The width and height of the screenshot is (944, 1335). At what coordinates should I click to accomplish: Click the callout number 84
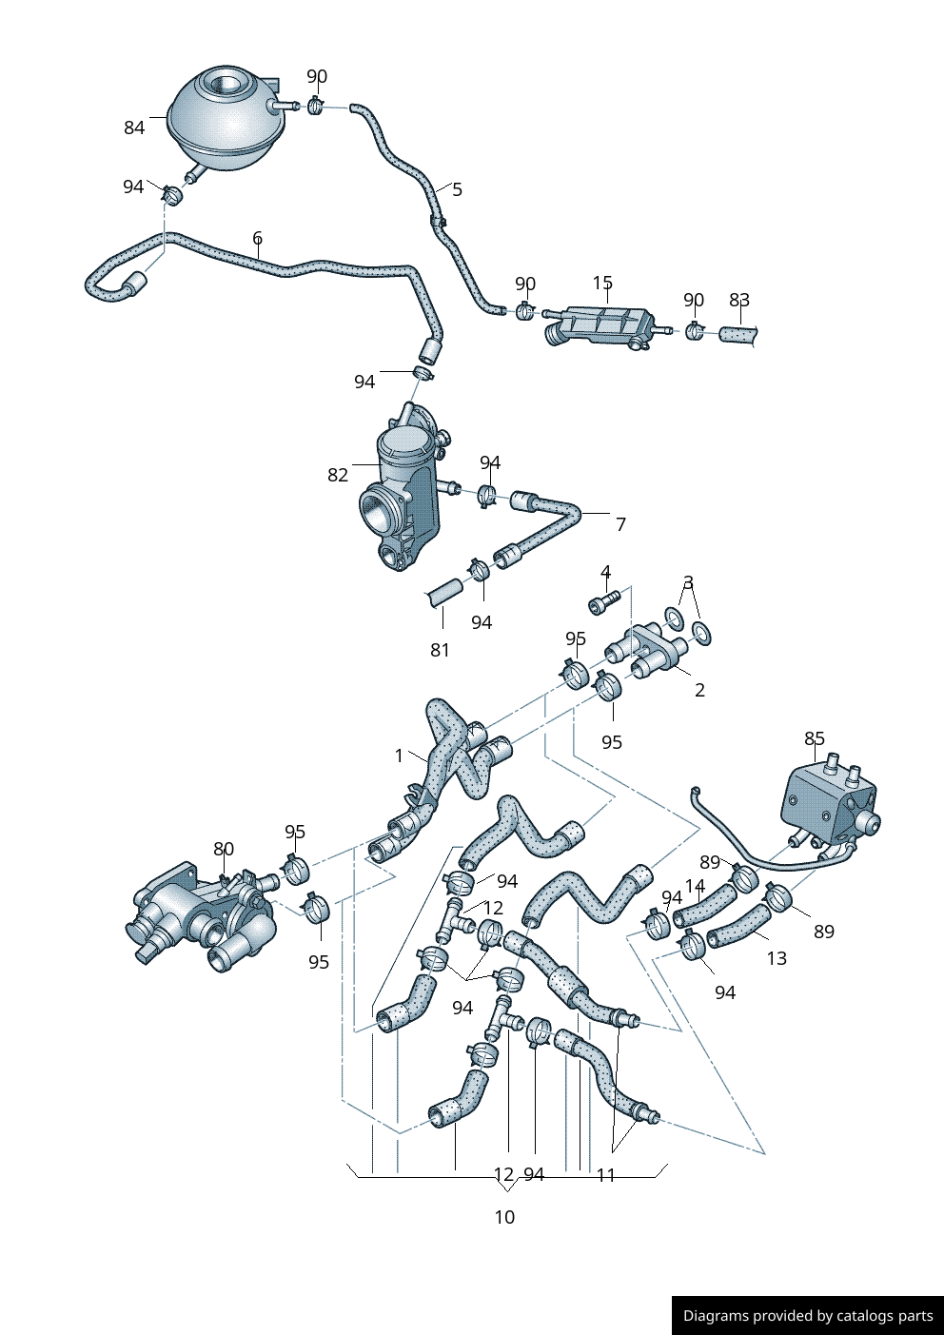coord(134,128)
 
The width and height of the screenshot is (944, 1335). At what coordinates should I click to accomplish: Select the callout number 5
coord(457,189)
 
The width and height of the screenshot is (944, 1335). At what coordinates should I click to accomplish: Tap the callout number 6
coord(257,238)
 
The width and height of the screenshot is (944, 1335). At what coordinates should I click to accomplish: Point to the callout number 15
coord(602,283)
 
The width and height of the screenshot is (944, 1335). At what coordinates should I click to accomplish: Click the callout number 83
coord(739,300)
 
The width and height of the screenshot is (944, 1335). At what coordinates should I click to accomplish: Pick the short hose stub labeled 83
coord(738,335)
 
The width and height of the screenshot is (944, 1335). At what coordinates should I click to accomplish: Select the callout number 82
coord(338,475)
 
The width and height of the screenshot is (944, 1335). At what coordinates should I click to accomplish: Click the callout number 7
coord(620,524)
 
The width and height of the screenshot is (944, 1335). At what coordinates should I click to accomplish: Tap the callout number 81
coord(440,650)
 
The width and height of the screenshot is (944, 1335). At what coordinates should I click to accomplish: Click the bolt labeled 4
coord(603,601)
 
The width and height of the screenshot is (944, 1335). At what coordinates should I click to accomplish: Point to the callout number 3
coord(688,582)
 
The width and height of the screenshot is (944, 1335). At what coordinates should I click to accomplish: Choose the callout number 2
coord(699,690)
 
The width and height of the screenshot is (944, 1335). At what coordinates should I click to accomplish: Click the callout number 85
coord(815,738)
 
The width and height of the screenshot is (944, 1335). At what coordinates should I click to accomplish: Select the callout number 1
coord(399,756)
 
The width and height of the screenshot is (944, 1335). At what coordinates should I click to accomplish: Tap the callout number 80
coord(223,849)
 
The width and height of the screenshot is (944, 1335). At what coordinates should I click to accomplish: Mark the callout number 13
coord(777,958)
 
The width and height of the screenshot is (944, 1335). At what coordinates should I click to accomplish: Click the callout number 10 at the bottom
coord(504,1217)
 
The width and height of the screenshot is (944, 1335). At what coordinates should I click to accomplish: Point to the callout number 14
coord(695,887)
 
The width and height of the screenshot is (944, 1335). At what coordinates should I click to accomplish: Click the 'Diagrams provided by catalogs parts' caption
coord(808,1316)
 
